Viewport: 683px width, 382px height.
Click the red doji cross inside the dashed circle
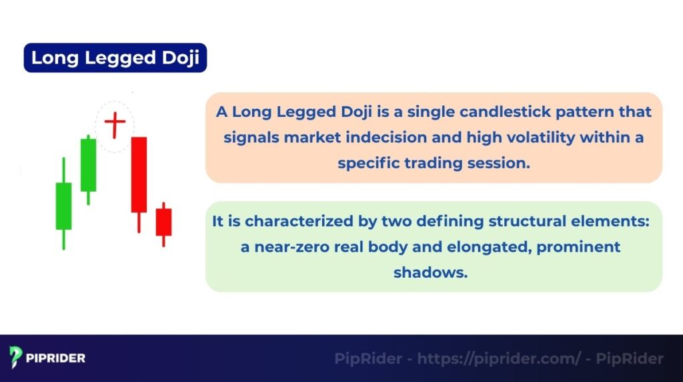point(115,124)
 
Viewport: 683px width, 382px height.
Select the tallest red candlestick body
point(139,174)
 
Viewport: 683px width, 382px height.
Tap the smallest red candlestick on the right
point(163,222)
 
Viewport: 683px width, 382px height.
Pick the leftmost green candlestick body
point(63,206)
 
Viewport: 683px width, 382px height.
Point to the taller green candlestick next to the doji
point(88,165)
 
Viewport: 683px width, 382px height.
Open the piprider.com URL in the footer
point(499,359)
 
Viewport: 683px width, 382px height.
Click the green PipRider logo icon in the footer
point(16,358)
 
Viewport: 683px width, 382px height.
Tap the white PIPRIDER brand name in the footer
point(56,359)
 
